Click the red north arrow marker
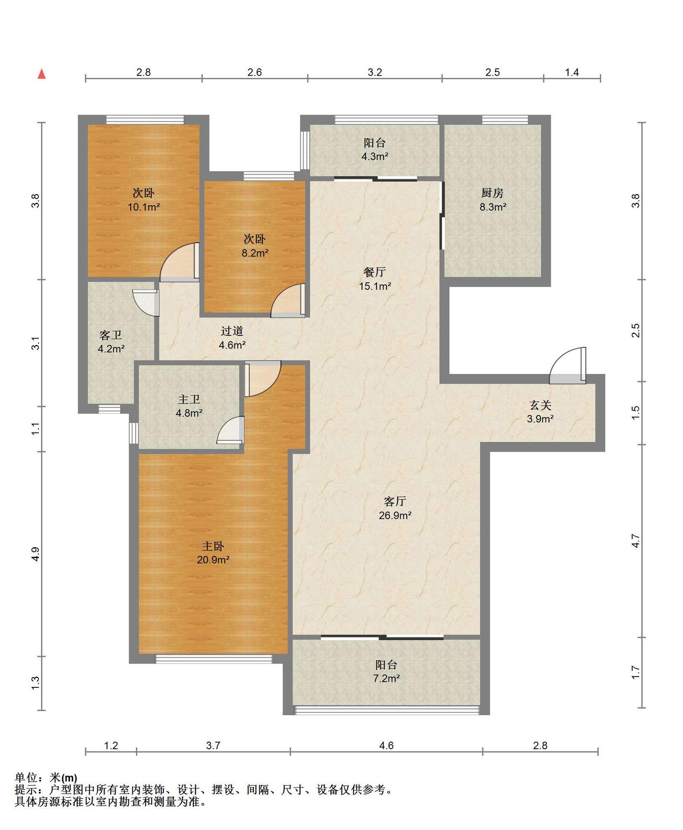42,74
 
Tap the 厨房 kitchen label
492,193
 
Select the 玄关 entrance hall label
540,405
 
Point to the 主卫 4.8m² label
189,406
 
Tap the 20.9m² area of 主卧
213,560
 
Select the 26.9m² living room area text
395,515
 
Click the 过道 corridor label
232,331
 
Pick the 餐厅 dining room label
374,272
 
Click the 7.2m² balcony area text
386,679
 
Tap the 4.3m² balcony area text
375,156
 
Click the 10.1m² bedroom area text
144,207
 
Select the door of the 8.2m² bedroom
288,301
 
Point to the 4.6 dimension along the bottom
386,745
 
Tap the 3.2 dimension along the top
375,72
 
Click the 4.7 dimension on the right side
635,541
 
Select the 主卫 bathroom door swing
231,430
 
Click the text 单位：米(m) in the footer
46,778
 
